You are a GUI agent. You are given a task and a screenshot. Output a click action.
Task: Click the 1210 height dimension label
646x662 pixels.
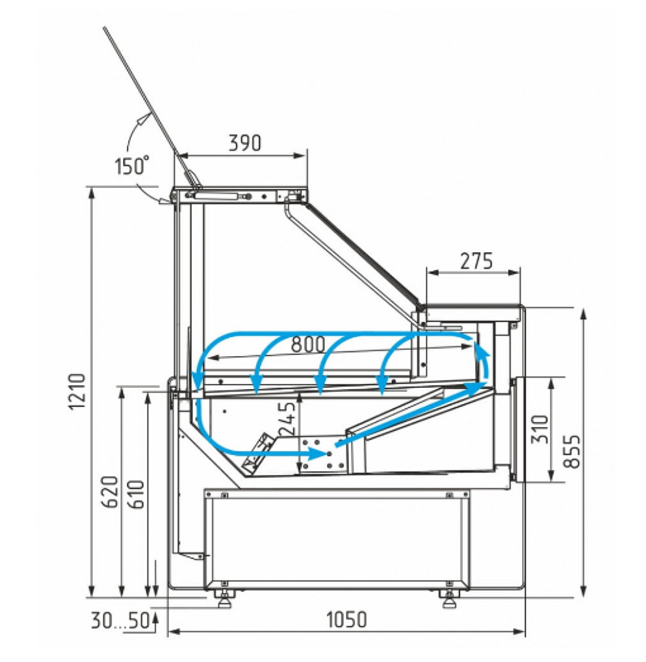click(78, 391)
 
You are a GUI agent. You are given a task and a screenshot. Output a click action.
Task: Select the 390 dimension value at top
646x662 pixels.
click(245, 143)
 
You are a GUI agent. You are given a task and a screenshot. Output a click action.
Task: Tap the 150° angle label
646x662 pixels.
click(132, 165)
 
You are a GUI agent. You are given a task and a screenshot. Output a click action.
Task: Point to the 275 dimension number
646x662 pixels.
click(476, 261)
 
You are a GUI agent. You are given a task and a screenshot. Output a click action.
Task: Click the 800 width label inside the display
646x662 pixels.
click(308, 344)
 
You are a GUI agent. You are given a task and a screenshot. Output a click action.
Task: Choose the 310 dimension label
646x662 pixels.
click(540, 429)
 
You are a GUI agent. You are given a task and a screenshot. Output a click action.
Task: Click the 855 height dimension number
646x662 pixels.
click(572, 451)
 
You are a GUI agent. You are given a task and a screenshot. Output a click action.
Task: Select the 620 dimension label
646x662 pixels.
click(110, 492)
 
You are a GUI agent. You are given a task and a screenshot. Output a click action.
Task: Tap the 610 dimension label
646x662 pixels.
click(136, 495)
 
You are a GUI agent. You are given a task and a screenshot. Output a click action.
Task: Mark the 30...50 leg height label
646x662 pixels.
click(120, 620)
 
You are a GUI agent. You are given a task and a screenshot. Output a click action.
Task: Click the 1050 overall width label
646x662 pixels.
click(347, 620)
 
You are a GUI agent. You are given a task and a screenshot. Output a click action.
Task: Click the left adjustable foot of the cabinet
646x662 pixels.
click(224, 599)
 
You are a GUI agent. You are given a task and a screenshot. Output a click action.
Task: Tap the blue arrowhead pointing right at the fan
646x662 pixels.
click(318, 454)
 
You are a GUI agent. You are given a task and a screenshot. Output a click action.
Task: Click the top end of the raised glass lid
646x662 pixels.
click(104, 28)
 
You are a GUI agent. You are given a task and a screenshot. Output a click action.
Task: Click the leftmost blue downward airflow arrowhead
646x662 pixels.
click(196, 382)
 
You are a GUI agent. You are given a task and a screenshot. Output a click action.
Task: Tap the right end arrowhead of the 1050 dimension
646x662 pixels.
click(519, 632)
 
